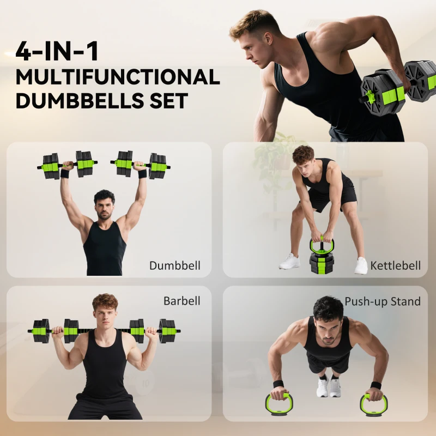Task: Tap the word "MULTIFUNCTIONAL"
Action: click(117, 77)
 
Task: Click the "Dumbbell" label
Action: click(175, 266)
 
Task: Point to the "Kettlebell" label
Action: click(396, 266)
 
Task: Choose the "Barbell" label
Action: click(182, 301)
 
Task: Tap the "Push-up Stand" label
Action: click(383, 301)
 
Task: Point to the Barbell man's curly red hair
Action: click(105, 300)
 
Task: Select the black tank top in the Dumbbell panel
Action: click(104, 248)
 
